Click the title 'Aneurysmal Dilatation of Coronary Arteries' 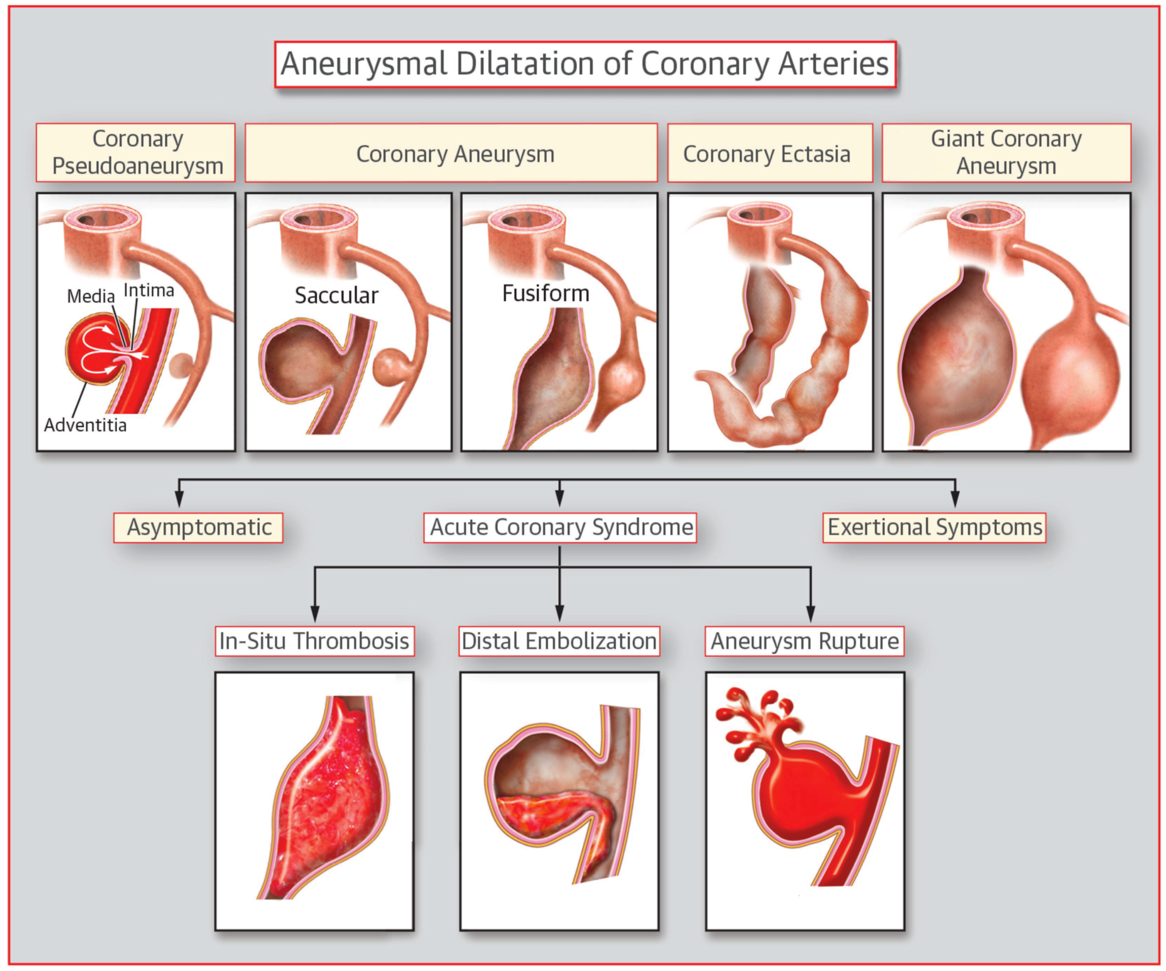pos(585,64)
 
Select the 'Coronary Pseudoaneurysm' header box pos(136,152)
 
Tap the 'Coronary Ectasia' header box pos(770,153)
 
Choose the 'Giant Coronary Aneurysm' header pos(1006,152)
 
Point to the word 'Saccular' pos(337,295)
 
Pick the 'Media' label pos(91,296)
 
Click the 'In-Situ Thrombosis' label pos(314,641)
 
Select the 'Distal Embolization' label pos(559,641)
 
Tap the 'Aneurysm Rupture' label pos(804,641)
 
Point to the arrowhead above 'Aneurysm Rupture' pos(811,613)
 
